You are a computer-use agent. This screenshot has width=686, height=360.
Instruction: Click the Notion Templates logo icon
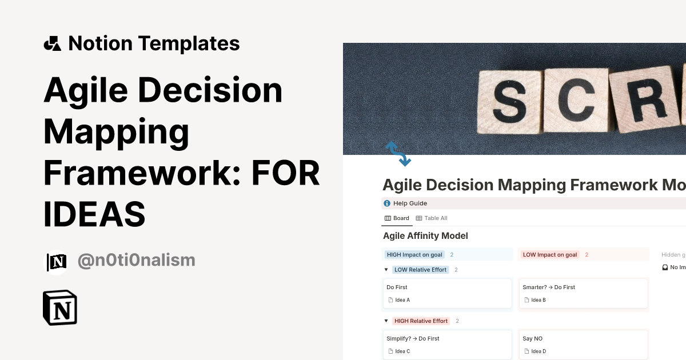pos(52,43)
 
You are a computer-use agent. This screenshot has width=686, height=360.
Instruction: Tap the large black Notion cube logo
pos(60,308)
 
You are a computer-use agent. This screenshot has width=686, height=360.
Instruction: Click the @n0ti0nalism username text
pos(136,261)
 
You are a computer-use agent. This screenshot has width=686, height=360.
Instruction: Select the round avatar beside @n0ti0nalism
pos(56,262)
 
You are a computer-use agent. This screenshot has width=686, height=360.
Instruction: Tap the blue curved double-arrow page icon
pos(398,154)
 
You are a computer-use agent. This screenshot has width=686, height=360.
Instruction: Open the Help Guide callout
pos(410,203)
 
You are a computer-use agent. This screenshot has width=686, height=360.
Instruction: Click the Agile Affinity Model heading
pos(425,235)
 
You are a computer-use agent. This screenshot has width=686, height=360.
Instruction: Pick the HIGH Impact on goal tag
pos(414,255)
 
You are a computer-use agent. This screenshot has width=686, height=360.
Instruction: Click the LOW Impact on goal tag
pos(549,255)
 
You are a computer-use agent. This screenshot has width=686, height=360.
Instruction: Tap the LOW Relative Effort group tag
pos(420,270)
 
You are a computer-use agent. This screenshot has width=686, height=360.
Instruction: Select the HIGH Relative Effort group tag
pos(421,321)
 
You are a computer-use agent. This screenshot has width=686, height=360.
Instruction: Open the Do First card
pos(446,293)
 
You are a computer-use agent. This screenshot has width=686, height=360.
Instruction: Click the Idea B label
pos(538,300)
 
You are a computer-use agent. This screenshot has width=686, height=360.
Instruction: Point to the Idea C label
pos(402,351)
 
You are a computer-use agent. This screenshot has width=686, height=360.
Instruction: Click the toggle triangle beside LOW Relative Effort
pos(386,270)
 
